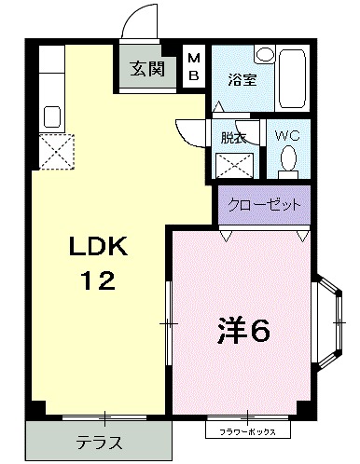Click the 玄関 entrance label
tap(145, 68)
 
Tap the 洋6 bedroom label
tap(243, 330)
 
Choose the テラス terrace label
tap(98, 442)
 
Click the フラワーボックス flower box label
tap(247, 432)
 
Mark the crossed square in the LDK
tap(56, 149)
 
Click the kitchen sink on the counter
tap(52, 117)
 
